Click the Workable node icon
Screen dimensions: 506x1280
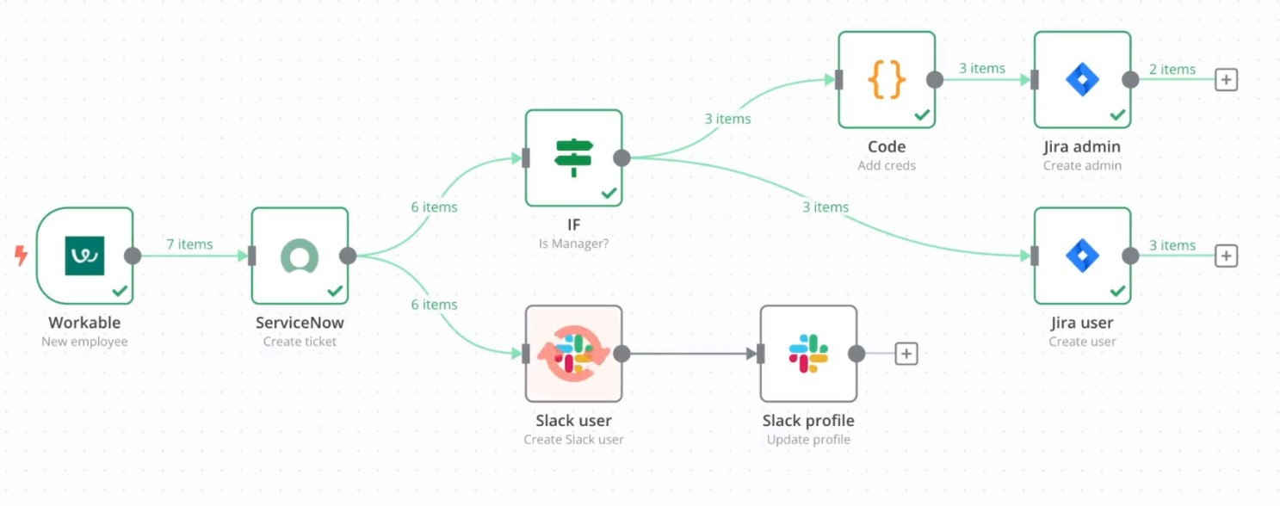click(84, 256)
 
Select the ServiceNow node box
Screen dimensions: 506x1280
click(300, 256)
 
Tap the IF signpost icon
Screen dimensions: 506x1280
click(573, 157)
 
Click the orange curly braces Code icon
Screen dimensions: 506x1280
click(887, 80)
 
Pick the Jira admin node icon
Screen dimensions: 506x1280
click(1082, 80)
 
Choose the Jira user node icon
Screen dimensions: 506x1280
click(1082, 256)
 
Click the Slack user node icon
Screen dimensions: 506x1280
click(573, 354)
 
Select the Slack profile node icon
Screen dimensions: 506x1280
click(808, 354)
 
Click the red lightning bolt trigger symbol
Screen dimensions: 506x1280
click(22, 256)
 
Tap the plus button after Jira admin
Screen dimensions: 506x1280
click(1226, 80)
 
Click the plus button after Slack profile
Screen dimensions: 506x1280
click(906, 354)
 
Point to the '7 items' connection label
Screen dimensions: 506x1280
click(189, 244)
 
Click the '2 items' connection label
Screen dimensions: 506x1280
click(1172, 70)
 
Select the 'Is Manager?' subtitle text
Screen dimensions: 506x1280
click(573, 244)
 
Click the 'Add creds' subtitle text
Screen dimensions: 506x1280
click(887, 165)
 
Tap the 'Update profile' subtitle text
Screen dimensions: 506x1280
click(808, 439)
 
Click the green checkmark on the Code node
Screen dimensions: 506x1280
click(922, 114)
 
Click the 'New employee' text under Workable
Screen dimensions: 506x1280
click(84, 342)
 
